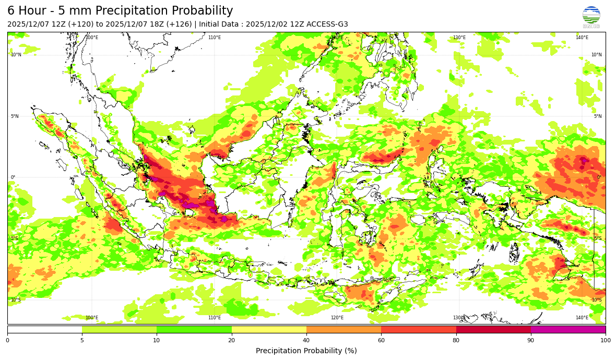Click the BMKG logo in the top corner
coord(591,17)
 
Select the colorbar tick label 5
coord(82,341)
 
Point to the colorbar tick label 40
coord(306,341)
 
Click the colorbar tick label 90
coord(531,341)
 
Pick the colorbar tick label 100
coord(605,341)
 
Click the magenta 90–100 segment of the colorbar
coord(568,329)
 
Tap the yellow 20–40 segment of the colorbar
coord(269,329)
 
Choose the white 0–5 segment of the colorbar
coord(44,329)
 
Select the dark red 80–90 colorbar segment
coord(493,329)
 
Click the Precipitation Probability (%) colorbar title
coord(306,351)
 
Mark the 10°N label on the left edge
coord(16,55)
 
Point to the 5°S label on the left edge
coord(15,238)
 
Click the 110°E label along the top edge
coord(215,38)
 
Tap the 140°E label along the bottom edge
coord(582,318)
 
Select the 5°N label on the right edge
coord(597,116)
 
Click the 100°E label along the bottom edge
coord(92,318)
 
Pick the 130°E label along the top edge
coord(459,38)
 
